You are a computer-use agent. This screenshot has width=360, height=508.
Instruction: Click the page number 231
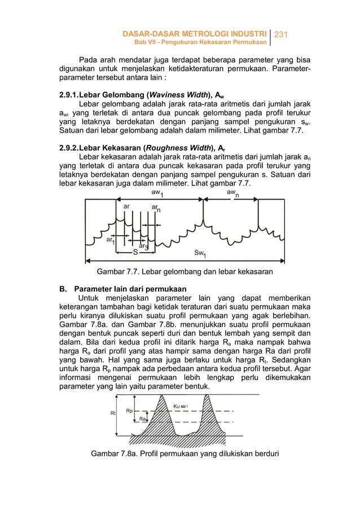pyautogui.click(x=281, y=35)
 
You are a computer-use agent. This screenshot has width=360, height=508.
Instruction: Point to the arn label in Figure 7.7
pyautogui.click(x=155, y=209)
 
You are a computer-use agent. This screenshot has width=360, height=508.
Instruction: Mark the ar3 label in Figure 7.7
pyautogui.click(x=143, y=247)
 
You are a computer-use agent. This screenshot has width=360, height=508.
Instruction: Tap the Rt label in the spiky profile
pyautogui.click(x=106, y=413)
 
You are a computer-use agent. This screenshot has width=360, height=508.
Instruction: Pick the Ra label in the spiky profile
pyautogui.click(x=143, y=419)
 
